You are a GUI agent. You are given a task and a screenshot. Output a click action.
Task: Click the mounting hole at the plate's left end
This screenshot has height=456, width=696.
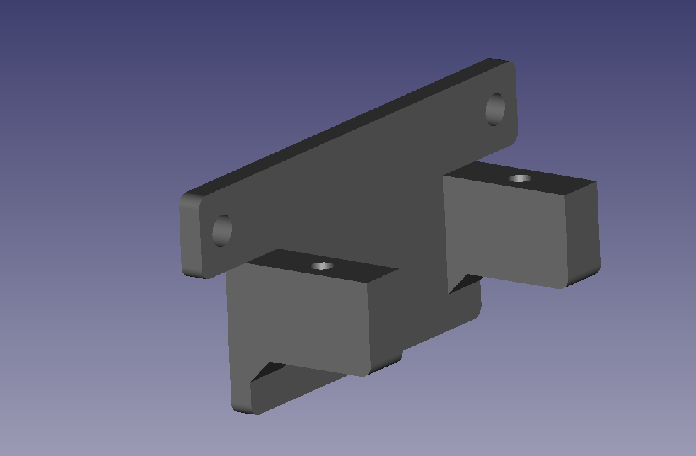(222, 229)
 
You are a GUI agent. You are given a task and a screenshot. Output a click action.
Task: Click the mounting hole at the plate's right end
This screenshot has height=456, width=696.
(496, 110)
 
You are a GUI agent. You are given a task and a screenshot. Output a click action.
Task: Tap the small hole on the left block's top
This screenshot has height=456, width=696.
(323, 266)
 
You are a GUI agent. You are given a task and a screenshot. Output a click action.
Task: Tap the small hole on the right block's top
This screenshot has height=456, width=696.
(521, 178)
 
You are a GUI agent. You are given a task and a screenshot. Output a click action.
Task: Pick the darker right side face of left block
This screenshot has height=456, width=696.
(384, 319)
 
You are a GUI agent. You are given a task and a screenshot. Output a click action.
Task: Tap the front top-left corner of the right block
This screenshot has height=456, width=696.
(446, 177)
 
